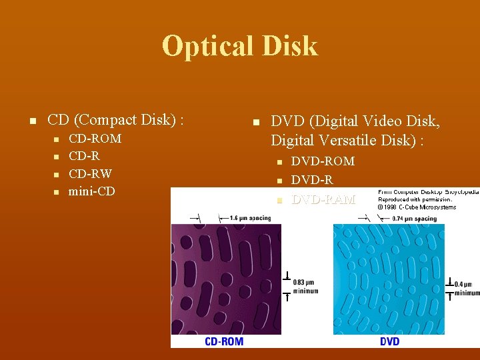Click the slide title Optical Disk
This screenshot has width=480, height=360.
click(x=240, y=46)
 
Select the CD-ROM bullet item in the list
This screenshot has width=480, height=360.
click(x=95, y=139)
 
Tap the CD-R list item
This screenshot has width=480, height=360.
click(x=84, y=156)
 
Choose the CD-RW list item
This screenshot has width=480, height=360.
click(x=90, y=173)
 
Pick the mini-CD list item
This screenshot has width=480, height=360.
click(x=91, y=191)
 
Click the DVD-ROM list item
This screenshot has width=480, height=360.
click(x=323, y=161)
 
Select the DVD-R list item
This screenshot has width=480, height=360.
click(x=312, y=179)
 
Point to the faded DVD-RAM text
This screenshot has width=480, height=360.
click(x=323, y=199)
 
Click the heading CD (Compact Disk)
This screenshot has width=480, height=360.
click(x=115, y=120)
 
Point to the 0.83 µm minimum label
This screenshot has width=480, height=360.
click(x=303, y=287)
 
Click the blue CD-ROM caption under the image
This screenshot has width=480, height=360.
click(x=224, y=341)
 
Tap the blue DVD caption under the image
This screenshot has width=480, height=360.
click(x=390, y=341)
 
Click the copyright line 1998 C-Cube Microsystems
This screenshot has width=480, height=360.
click(x=417, y=207)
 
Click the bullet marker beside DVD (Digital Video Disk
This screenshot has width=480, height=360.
click(x=254, y=122)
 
